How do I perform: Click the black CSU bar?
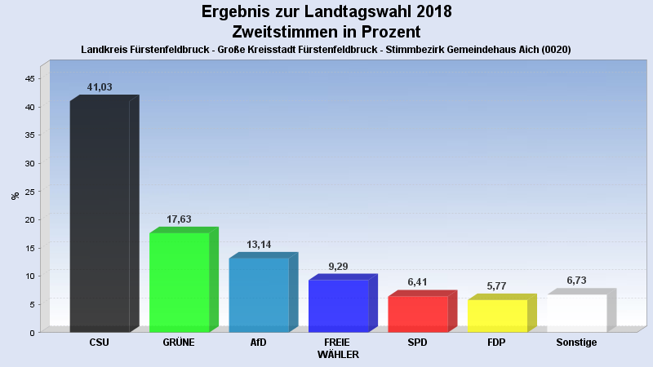pos(100,216)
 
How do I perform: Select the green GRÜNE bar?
pos(179,282)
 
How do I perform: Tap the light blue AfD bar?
pos(259,294)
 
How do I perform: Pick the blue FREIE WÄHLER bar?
pos(338,306)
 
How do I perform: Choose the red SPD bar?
pos(418,314)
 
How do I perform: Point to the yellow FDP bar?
pos(497,316)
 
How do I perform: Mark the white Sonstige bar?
pos(576,313)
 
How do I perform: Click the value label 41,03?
pos(100,87)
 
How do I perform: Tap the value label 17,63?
pos(179,219)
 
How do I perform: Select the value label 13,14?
pos(259,245)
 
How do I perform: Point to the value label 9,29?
pos(338,266)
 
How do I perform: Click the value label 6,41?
pos(418,282)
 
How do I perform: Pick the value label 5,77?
pos(497,286)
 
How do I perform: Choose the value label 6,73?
pos(576,281)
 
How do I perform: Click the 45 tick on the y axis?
pos(29,78)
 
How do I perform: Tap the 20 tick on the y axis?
pos(29,219)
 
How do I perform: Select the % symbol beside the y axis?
pos(15,196)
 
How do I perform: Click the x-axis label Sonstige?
pos(576,343)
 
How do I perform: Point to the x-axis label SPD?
pos(418,343)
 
